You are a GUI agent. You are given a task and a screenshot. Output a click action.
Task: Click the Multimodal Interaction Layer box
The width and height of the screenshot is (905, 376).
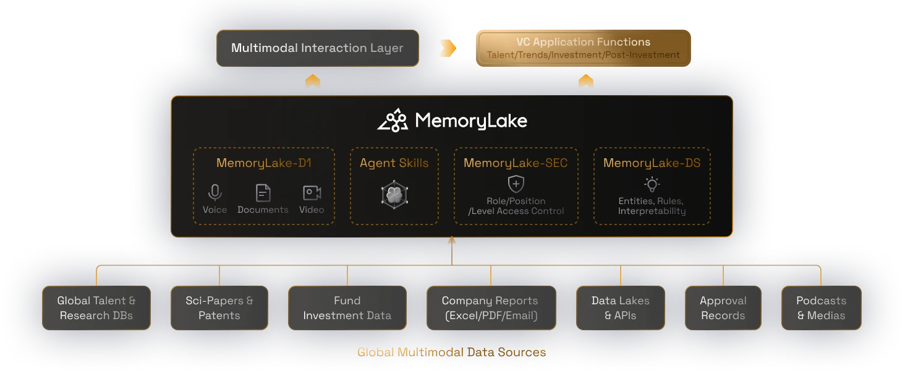click(317, 48)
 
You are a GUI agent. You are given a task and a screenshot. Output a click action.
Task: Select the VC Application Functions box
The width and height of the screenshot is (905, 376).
click(583, 48)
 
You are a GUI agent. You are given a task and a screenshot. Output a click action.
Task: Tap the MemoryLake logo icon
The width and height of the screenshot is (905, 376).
click(393, 121)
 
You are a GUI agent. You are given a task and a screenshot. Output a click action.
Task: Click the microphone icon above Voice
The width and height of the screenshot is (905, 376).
click(215, 193)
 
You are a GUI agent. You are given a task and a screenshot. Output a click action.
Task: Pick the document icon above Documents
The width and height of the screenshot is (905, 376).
click(263, 193)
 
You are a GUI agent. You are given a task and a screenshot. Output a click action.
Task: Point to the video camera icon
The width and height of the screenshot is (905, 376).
click(312, 193)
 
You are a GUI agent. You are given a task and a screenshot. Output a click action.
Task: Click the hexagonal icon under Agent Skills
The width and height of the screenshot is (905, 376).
click(394, 195)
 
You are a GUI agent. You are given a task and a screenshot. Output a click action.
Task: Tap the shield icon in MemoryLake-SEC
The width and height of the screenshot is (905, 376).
click(516, 184)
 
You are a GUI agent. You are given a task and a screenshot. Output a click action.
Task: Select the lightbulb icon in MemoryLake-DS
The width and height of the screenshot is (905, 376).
click(652, 184)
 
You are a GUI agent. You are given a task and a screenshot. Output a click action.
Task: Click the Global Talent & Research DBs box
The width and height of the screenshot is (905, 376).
click(96, 308)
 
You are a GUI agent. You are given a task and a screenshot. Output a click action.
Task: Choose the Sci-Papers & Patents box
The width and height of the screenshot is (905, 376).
click(219, 308)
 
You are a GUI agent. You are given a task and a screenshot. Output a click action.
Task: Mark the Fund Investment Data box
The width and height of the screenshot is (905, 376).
click(347, 308)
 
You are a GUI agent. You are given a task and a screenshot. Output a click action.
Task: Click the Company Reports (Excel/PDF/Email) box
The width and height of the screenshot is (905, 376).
click(491, 308)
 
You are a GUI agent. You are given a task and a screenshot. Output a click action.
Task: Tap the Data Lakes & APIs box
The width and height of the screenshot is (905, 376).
click(621, 308)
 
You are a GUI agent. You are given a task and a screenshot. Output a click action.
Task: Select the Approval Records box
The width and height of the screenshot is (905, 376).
click(723, 308)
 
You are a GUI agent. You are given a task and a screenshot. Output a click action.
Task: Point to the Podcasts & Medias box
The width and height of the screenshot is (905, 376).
click(821, 308)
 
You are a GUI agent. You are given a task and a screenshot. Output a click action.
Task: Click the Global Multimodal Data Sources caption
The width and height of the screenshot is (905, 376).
click(452, 352)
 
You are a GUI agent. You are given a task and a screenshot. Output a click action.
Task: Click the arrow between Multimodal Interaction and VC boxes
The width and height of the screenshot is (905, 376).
click(447, 48)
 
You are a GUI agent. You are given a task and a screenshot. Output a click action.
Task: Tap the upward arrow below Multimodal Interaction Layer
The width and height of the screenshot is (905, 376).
click(313, 82)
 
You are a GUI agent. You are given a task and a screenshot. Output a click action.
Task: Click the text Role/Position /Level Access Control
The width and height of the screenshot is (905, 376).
click(516, 206)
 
